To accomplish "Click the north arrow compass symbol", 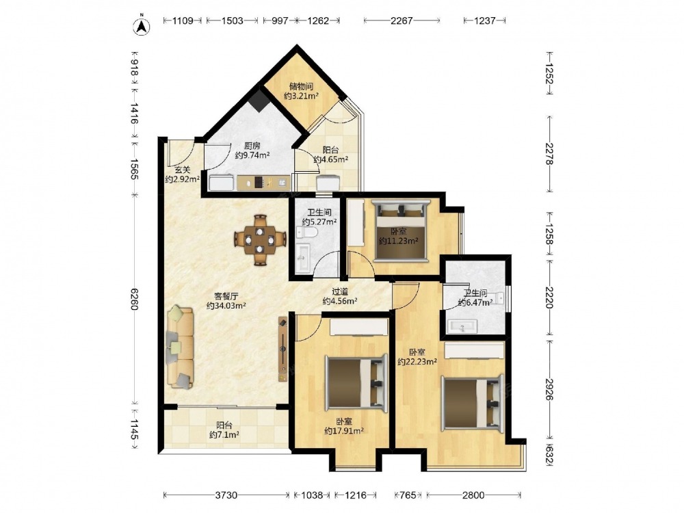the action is [x=142, y=25].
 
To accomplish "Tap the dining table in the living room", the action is [x=260, y=239].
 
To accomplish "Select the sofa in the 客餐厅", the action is [x=180, y=347].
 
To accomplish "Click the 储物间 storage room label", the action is [x=302, y=86].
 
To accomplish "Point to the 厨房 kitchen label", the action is [x=252, y=146].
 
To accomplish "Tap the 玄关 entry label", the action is [x=183, y=170].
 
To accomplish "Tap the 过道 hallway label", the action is [x=340, y=291].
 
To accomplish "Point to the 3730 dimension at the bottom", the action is [x=226, y=495].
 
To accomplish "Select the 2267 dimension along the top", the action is [x=402, y=21].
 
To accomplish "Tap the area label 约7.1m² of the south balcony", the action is [x=224, y=434].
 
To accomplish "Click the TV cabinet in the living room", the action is [x=283, y=349].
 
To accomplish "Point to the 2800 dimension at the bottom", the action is [x=473, y=495].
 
